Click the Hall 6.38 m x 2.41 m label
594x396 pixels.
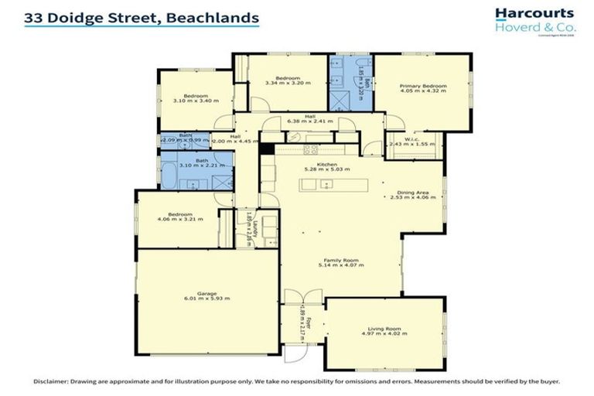[x=309, y=121]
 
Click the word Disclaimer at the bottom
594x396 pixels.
[x=50, y=381]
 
